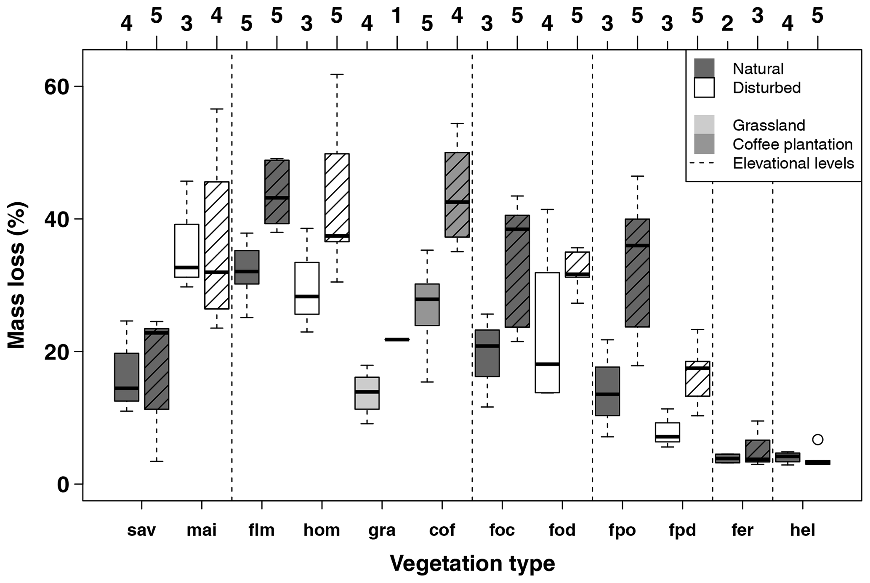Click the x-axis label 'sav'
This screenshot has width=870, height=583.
pyautogui.click(x=141, y=530)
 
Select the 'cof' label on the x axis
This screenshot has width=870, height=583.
pyautogui.click(x=442, y=530)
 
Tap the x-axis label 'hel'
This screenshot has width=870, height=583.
pyautogui.click(x=803, y=530)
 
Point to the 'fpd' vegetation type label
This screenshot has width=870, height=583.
pyautogui.click(x=682, y=530)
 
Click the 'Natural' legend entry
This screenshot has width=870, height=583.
pyautogui.click(x=758, y=69)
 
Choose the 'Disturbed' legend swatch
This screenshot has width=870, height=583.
pyautogui.click(x=704, y=87)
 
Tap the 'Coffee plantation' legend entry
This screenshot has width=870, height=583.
pyautogui.click(x=793, y=144)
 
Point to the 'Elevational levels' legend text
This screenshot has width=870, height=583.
pyautogui.click(x=793, y=163)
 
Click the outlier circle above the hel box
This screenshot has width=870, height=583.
pyautogui.click(x=817, y=440)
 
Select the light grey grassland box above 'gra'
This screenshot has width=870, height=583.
pyautogui.click(x=367, y=393)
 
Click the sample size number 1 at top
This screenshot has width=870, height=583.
pyautogui.click(x=396, y=16)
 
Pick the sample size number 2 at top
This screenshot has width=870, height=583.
pyautogui.click(x=727, y=24)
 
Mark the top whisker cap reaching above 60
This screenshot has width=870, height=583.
pyautogui.click(x=337, y=74)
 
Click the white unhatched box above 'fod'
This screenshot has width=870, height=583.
pyautogui.click(x=547, y=332)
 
